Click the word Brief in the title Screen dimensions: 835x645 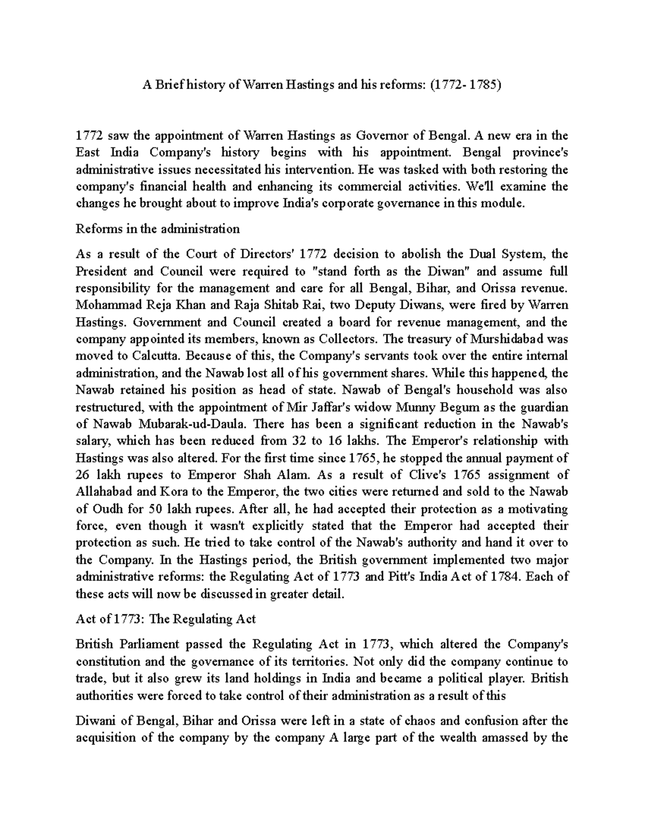(x=167, y=85)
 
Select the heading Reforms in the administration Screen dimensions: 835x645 (x=157, y=229)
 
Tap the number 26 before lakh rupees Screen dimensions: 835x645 (x=83, y=475)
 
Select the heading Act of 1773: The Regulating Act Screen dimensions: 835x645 (x=166, y=619)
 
